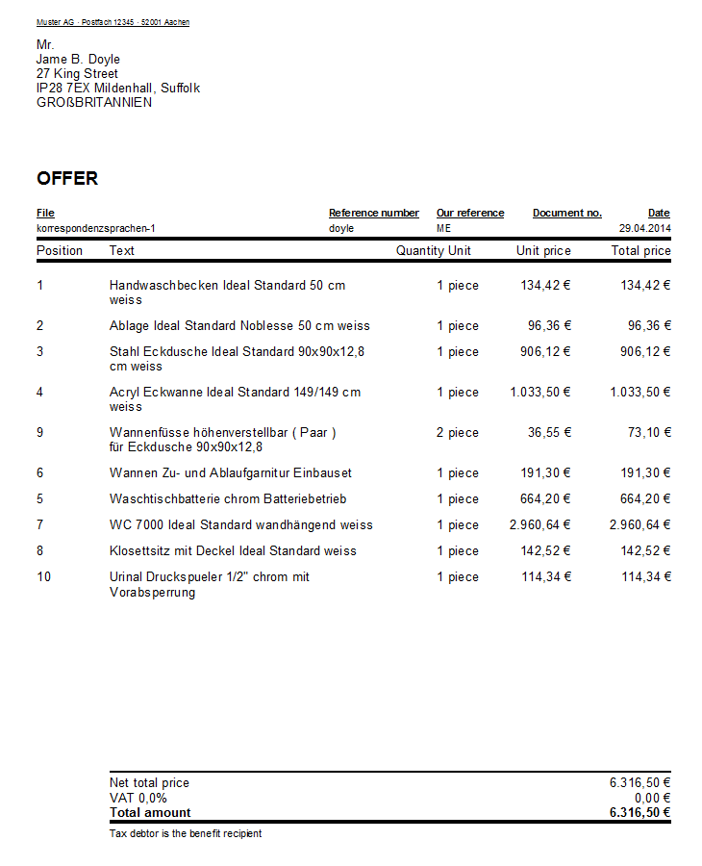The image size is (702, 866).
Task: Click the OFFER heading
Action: [x=67, y=179]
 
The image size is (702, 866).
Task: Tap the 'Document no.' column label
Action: [x=566, y=213]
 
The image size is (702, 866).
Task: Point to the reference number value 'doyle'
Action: [x=341, y=229]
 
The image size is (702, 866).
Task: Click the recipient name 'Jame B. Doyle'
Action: [x=78, y=60]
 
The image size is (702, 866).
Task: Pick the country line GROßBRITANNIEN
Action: [x=94, y=103]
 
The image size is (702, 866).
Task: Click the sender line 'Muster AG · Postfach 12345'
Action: [x=113, y=22]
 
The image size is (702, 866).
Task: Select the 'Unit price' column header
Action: [x=543, y=251]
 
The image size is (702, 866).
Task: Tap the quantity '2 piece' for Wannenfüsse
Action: [x=457, y=433]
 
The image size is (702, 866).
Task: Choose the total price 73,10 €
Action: [x=649, y=433]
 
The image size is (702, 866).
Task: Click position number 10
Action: [x=43, y=577]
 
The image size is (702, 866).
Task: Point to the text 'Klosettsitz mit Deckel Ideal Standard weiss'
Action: [x=233, y=551]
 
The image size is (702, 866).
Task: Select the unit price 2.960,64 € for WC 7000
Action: [x=540, y=525]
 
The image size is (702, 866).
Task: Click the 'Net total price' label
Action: [x=149, y=783]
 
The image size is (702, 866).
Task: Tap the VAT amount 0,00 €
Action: [x=651, y=798]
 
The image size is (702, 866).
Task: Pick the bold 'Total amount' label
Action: [x=150, y=812]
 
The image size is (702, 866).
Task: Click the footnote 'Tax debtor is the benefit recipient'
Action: [x=186, y=833]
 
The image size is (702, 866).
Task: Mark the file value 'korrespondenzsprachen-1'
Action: [x=95, y=229]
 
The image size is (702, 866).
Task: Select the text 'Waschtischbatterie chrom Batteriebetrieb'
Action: [x=228, y=499]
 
